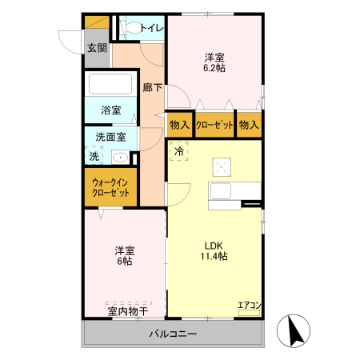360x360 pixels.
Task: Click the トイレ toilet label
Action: [151, 29]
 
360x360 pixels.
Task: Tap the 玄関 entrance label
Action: [96, 48]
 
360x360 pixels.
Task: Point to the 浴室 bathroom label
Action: [110, 110]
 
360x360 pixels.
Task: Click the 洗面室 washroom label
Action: [110, 136]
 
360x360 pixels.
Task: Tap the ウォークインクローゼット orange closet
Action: [110, 188]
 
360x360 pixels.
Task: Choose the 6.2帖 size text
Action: [214, 69]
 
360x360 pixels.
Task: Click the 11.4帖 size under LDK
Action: [214, 257]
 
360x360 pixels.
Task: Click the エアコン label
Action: [249, 304]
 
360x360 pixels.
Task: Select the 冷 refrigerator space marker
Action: [179, 150]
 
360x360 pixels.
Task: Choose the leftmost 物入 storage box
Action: [179, 125]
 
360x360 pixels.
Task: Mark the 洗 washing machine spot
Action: [94, 157]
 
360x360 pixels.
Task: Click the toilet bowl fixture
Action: [130, 28]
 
